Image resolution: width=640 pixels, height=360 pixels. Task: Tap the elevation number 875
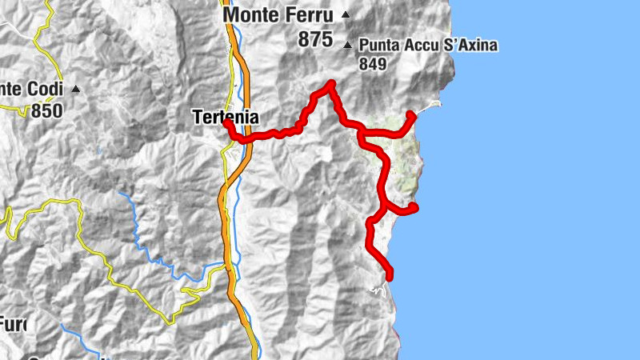pyautogui.click(x=316, y=39)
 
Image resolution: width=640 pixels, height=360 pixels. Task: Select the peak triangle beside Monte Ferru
pyautogui.click(x=346, y=14)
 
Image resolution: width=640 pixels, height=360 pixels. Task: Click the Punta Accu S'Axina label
pyautogui.click(x=428, y=45)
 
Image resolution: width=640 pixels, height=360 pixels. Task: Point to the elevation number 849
pyautogui.click(x=373, y=63)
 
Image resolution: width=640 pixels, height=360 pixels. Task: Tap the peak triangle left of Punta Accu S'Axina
pyautogui.click(x=348, y=45)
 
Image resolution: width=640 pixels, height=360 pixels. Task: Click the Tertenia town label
pyautogui.click(x=225, y=117)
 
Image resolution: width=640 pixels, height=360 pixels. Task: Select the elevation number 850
pyautogui.click(x=46, y=110)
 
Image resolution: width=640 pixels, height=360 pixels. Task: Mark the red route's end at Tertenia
pyautogui.click(x=226, y=124)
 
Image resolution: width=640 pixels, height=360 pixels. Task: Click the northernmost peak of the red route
pyautogui.click(x=330, y=83)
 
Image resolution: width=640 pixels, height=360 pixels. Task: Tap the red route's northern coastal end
pyautogui.click(x=411, y=114)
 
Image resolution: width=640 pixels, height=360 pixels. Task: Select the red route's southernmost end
pyautogui.click(x=390, y=278)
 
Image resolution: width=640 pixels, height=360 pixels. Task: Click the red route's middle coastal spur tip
pyautogui.click(x=414, y=208)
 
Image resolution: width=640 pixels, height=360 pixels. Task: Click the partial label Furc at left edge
pyautogui.click(x=12, y=325)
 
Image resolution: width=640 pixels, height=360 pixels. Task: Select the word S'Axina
pyautogui.click(x=470, y=45)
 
